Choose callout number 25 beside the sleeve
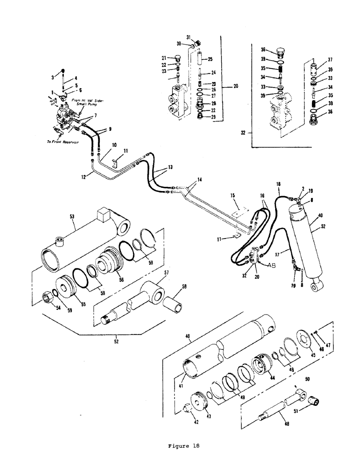click(x=210, y=59)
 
